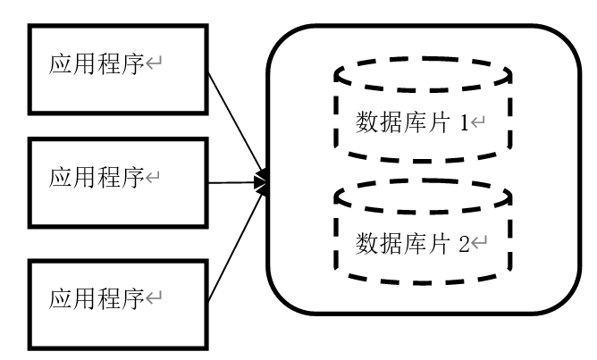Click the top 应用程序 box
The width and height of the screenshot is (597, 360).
[x=118, y=68]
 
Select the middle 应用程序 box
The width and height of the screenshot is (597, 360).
[x=118, y=181]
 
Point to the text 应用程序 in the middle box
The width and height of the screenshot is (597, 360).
[x=96, y=178]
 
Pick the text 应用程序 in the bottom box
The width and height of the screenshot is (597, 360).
[x=96, y=297]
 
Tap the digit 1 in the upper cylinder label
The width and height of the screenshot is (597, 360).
[x=465, y=122]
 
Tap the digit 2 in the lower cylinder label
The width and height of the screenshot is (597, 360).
[x=465, y=243]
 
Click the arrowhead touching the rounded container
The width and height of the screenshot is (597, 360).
[x=261, y=182]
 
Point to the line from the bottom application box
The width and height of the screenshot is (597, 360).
[x=234, y=241]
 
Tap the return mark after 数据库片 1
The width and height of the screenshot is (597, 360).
[x=478, y=123]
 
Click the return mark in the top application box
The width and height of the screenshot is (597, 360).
[x=153, y=67]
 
